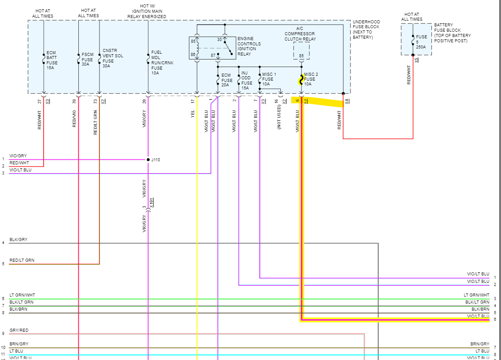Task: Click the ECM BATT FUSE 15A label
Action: pyautogui.click(x=52, y=60)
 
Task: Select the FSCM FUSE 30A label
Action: pyautogui.click(x=88, y=59)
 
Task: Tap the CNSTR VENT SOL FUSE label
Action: pyautogui.click(x=113, y=58)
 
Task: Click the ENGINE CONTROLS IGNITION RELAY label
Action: pyautogui.click(x=249, y=46)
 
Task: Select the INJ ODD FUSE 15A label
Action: pyautogui.click(x=247, y=81)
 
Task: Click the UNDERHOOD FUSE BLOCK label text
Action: pyautogui.click(x=366, y=30)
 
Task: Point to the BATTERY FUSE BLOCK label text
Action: pyautogui.click(x=452, y=33)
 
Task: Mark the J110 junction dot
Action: pyautogui.click(x=148, y=160)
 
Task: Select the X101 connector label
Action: pyautogui.click(x=151, y=203)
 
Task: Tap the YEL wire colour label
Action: pyautogui.click(x=193, y=114)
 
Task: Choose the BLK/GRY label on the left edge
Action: pyautogui.click(x=18, y=240)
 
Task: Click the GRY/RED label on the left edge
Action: pyautogui.click(x=18, y=330)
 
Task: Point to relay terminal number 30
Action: pyautogui.click(x=219, y=40)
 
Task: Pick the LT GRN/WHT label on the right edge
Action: pyautogui.click(x=476, y=295)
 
